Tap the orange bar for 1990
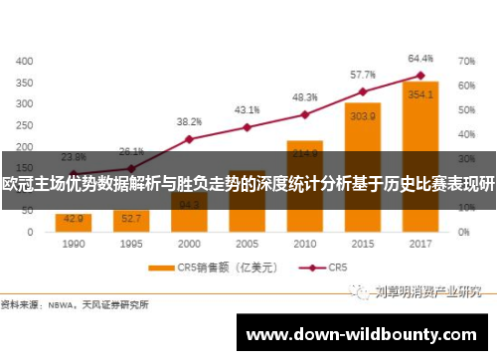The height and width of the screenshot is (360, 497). point(74,222)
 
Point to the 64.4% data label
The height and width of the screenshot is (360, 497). point(420,58)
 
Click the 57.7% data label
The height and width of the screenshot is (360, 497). point(363,75)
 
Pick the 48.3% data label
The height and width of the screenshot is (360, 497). point(304,97)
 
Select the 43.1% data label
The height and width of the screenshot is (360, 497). point(247,109)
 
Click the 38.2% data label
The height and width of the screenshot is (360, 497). point(189,121)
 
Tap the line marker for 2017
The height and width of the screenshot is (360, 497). point(420,76)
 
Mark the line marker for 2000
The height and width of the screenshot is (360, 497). point(189,138)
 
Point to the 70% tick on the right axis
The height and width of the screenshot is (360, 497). point(466,61)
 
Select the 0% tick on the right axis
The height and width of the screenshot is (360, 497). point(463,232)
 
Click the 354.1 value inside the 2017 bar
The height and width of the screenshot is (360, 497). point(420,94)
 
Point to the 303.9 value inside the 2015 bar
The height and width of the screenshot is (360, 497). point(363,116)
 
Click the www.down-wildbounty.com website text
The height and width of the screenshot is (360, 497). point(366,334)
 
